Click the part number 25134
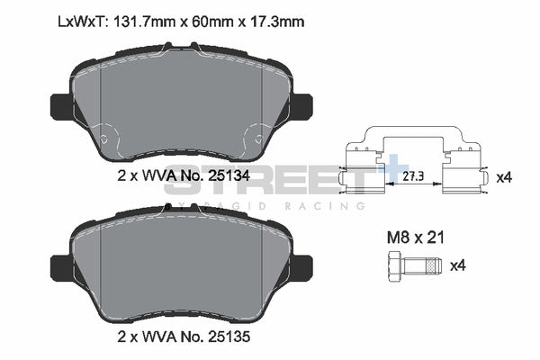tap(229, 176)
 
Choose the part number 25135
tap(229, 340)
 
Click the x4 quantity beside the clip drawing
tap(505, 177)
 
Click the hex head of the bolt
tap(392, 265)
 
